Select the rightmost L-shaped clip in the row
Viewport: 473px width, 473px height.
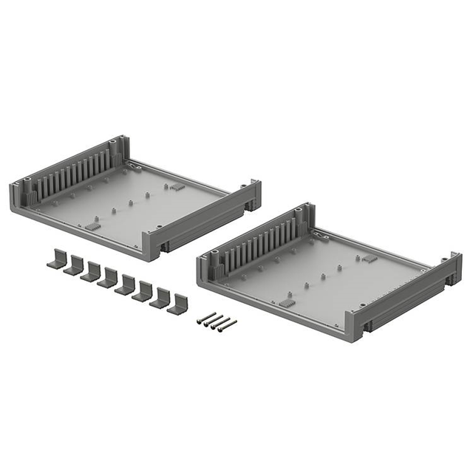point(177,304)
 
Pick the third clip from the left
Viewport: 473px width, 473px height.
point(91,271)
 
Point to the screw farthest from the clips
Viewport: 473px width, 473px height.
point(228,324)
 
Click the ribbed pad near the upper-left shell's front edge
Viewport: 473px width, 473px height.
point(93,225)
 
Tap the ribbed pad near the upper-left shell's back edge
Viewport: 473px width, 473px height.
point(177,187)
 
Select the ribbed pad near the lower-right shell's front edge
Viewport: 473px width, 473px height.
point(285,304)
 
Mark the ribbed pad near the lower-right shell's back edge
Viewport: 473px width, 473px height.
point(367,259)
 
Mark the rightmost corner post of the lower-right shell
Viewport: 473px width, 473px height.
point(454,265)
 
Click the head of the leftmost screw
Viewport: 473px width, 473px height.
point(200,321)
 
